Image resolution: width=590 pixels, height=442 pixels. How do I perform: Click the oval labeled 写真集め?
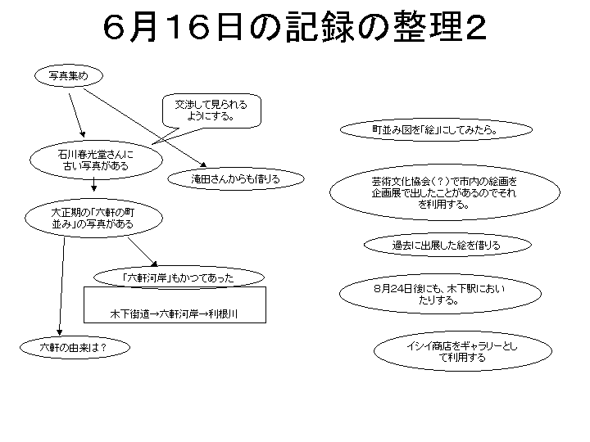[69, 76]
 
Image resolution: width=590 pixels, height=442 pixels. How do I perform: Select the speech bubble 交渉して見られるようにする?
[211, 110]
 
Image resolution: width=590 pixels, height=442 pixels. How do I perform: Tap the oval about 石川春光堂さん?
[96, 160]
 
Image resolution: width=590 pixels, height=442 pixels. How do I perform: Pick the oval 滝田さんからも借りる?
[235, 179]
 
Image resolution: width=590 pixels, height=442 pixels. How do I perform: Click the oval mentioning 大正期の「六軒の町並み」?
[93, 218]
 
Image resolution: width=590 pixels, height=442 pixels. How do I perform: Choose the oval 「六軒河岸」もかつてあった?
[179, 277]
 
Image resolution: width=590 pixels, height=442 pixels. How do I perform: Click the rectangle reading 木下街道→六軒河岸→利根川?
[175, 304]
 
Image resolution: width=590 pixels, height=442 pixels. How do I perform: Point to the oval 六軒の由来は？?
[75, 347]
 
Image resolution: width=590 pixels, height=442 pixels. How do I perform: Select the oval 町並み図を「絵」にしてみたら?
[436, 129]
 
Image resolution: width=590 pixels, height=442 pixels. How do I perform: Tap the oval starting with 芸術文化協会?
[445, 192]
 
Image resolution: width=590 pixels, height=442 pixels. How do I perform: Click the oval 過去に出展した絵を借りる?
[447, 245]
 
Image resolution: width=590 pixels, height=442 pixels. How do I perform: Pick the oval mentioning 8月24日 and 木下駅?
[440, 294]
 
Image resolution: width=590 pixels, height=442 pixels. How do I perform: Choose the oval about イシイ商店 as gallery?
[463, 351]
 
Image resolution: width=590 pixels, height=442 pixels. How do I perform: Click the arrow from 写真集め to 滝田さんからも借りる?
[145, 128]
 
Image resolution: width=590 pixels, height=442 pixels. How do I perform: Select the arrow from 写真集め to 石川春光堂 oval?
[77, 115]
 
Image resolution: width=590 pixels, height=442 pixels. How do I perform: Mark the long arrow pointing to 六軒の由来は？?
[61, 286]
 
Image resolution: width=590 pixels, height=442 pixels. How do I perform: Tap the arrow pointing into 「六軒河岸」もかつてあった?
[143, 252]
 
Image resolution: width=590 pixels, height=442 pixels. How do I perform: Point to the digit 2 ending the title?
[475, 28]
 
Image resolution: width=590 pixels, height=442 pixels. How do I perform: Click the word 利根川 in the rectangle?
[223, 313]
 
